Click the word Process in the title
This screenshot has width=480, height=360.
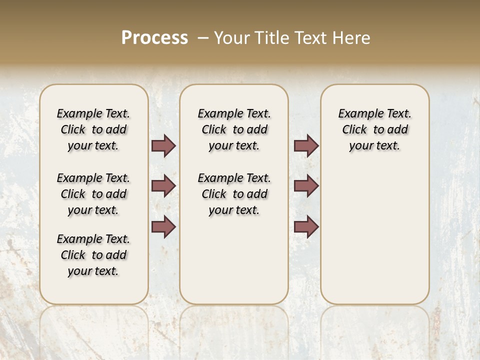(154, 37)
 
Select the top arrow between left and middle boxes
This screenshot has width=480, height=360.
(163, 145)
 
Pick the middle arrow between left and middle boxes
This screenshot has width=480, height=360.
(163, 186)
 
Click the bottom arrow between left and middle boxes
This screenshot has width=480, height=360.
(163, 226)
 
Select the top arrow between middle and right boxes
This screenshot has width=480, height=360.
(306, 145)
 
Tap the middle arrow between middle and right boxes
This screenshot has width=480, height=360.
(306, 186)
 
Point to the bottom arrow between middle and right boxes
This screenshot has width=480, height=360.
(306, 226)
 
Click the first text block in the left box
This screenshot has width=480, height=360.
(93, 129)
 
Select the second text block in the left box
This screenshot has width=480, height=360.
(93, 194)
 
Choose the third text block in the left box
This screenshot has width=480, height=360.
(93, 255)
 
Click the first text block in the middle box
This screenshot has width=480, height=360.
(234, 129)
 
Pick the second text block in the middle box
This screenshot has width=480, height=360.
(234, 194)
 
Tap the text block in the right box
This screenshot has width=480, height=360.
(375, 129)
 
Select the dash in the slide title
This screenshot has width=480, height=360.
(203, 38)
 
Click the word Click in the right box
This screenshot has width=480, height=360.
(354, 130)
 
